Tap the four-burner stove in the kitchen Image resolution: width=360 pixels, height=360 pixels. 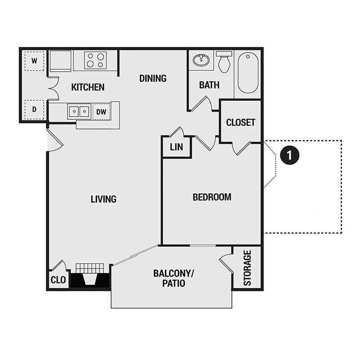pos(95,60)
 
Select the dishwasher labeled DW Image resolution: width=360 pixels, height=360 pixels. pos(101,112)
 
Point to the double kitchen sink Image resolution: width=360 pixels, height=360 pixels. pos(79,111)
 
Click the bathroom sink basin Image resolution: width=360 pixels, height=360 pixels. pos(200,59)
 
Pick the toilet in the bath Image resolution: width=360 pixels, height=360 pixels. pos(224,62)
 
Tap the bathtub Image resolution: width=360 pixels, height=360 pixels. pos(248,72)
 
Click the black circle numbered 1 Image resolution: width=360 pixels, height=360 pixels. pos(289,155)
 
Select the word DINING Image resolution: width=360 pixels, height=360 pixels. pos(153,78)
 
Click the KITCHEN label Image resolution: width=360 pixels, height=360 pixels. pos(88,87)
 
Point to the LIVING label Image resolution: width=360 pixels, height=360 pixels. pos(103,198)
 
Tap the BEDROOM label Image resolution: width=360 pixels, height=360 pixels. pos(212,197)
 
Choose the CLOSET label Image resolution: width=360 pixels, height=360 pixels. pos(241,122)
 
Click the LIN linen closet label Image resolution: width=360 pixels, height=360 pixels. pos(176,147)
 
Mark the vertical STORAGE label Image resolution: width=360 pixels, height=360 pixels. pos(247,268)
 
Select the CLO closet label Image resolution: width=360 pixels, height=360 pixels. pos(58,280)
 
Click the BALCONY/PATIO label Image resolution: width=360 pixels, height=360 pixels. pos(171,279)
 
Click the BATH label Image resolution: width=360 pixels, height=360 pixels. pos(209,85)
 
